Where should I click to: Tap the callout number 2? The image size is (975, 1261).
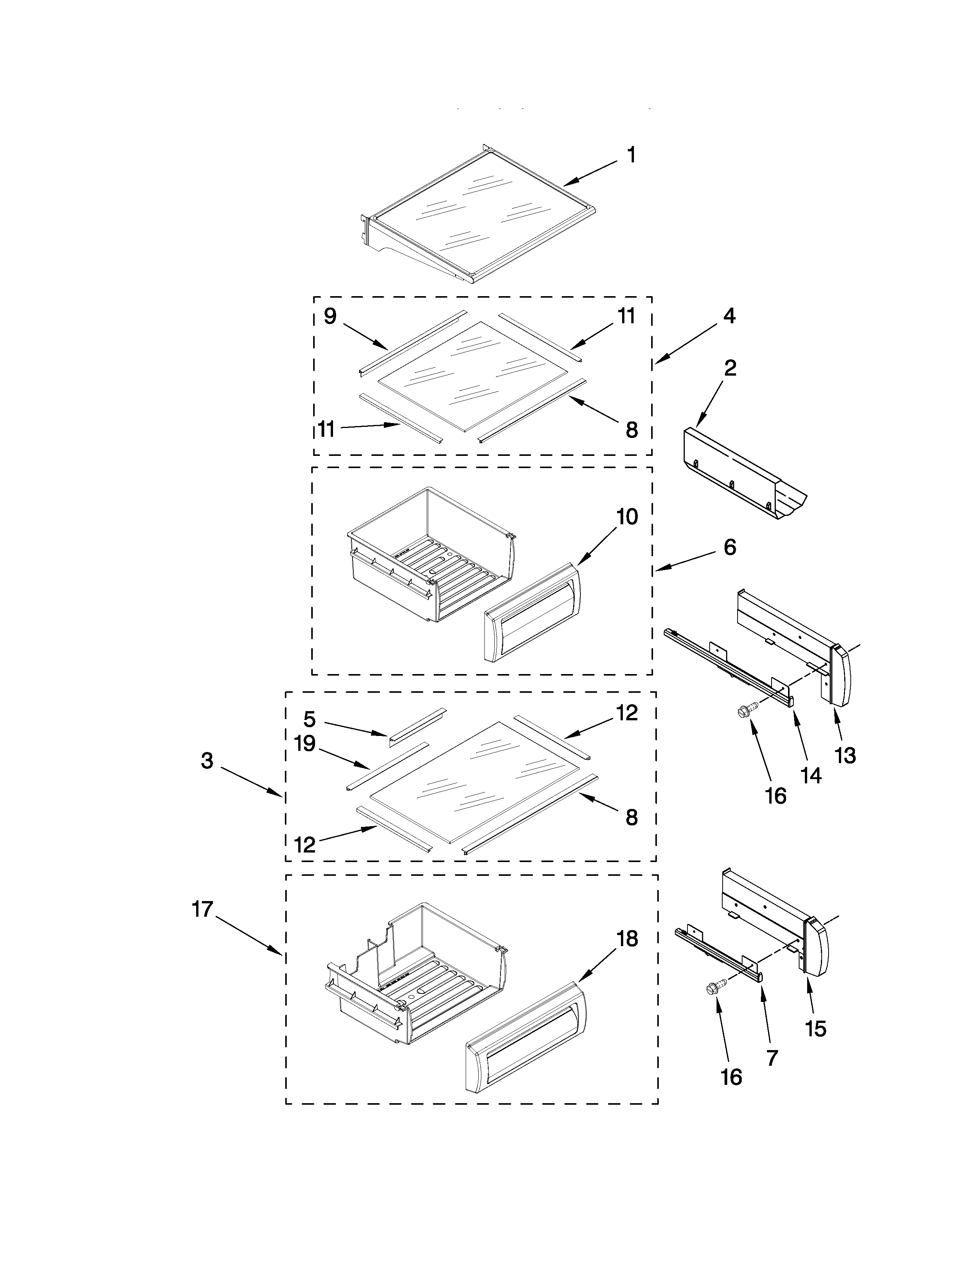730,368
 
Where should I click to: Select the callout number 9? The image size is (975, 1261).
330,316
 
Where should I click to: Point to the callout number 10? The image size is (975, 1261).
627,517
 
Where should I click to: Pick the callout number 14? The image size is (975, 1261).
811,775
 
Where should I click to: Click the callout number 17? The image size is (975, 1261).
203,910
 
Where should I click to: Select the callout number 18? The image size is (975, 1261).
627,939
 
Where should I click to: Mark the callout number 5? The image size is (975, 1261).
310,720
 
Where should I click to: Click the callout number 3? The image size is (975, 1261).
207,761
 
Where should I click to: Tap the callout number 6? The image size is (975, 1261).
730,547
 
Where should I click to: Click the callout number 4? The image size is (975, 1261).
730,316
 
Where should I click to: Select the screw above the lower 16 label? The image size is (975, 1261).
712,989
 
